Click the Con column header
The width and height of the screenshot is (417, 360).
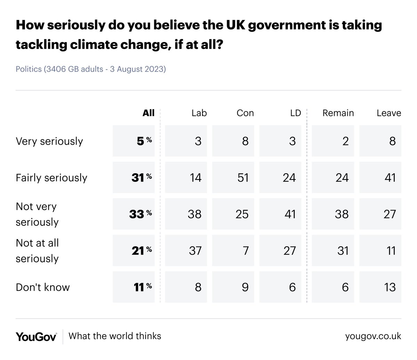pos(245,113)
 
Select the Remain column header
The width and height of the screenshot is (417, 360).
pos(338,113)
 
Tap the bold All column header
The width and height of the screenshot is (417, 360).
pos(148,113)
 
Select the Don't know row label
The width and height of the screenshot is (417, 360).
pos(43,287)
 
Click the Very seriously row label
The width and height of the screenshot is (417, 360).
pos(49,141)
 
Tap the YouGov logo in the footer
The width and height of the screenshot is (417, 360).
pos(36,336)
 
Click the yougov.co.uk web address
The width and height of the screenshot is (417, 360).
pos(373,336)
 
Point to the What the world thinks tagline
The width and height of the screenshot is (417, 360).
pos(115,336)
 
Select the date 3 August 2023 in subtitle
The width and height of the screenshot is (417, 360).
pos(138,69)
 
